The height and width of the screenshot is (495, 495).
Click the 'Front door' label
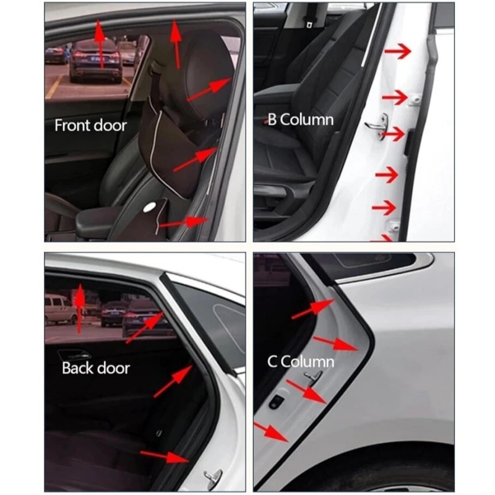[90, 126]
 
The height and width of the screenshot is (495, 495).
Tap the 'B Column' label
[301, 119]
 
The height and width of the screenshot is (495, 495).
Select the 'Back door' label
[96, 368]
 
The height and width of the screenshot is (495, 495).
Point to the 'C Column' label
[301, 361]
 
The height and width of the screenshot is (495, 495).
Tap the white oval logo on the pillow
[149, 207]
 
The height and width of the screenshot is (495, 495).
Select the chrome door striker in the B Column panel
[377, 126]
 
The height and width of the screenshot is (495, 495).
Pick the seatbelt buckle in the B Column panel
[309, 23]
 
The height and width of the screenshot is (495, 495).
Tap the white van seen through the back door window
[60, 309]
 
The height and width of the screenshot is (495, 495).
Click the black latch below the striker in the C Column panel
[277, 401]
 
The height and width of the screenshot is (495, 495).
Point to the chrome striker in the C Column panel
[313, 377]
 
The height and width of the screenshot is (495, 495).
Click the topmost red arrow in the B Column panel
[398, 51]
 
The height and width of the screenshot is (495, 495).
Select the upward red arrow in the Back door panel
[80, 308]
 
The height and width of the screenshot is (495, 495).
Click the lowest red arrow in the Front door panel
[184, 222]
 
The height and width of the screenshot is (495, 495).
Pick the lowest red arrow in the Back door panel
[165, 457]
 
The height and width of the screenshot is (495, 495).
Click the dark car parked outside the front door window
[96, 61]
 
